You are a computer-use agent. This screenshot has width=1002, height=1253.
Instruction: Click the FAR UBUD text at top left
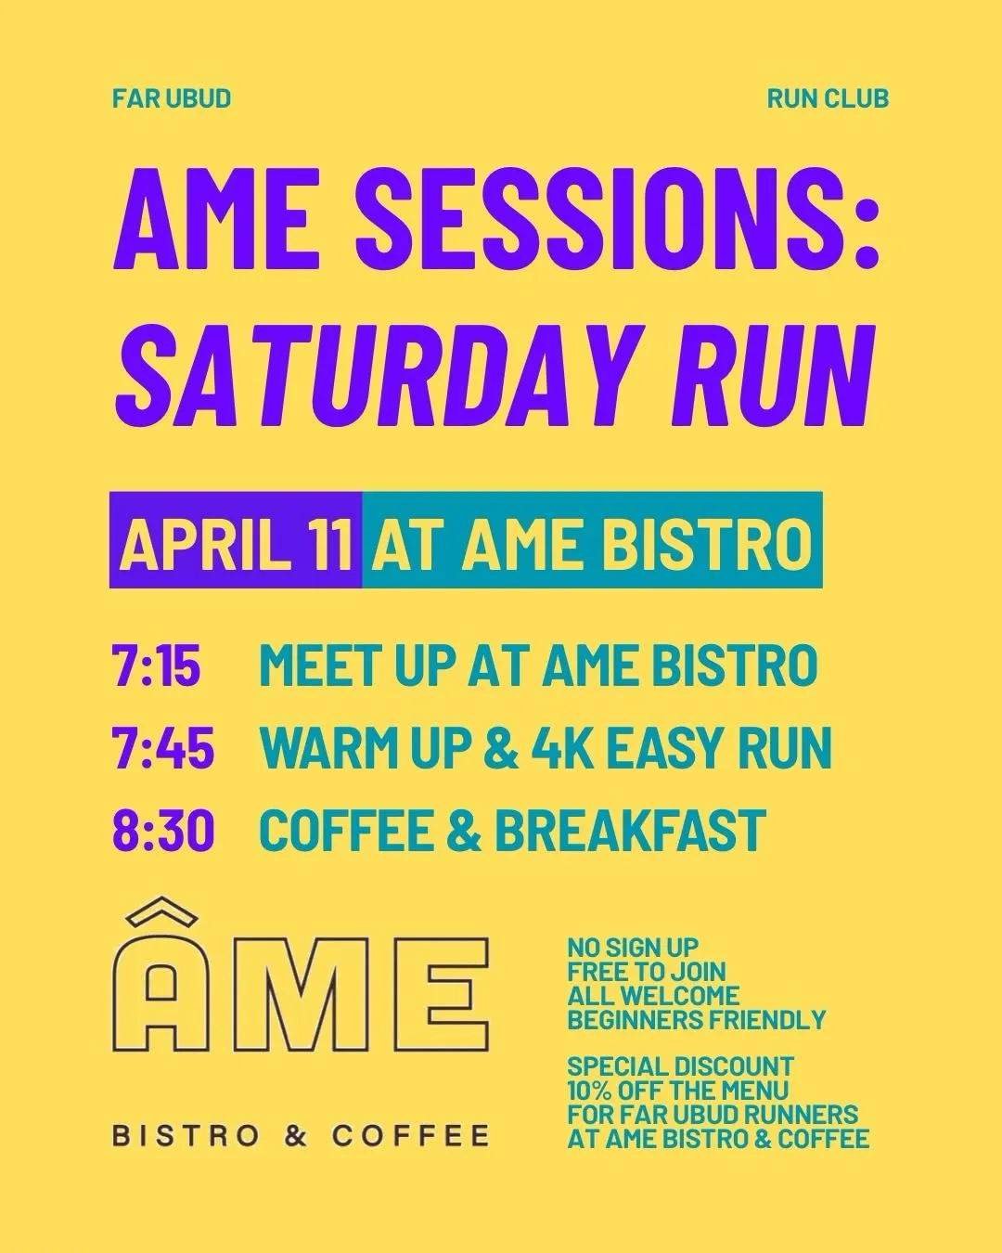click(172, 98)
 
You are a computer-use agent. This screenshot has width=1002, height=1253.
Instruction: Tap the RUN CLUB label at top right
click(828, 98)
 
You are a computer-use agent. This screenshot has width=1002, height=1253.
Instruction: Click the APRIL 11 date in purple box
click(236, 542)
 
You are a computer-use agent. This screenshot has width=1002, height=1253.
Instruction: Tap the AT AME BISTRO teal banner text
click(592, 542)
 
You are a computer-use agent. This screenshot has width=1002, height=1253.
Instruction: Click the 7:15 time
click(157, 665)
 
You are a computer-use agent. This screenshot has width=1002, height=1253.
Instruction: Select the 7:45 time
click(163, 748)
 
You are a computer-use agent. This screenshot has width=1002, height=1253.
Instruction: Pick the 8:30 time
click(163, 830)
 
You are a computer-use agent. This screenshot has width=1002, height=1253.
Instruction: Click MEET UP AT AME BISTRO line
click(538, 665)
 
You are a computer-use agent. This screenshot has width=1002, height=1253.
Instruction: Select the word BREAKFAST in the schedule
click(631, 830)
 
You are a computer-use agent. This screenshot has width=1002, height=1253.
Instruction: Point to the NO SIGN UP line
click(634, 948)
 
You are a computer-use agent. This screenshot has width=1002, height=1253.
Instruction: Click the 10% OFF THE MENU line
click(678, 1091)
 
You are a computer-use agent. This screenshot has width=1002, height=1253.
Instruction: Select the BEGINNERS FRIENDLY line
click(697, 1020)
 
